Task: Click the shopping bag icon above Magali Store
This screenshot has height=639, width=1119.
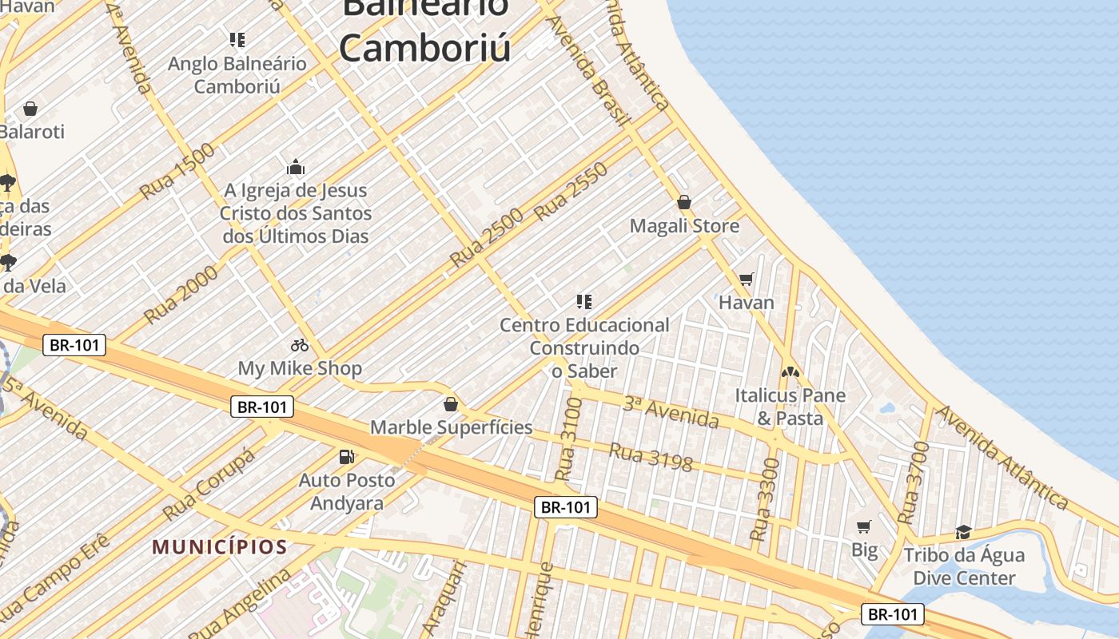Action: (x=683, y=202)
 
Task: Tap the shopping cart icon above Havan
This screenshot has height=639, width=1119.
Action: (x=747, y=279)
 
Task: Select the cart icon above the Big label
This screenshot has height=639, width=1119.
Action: (x=864, y=526)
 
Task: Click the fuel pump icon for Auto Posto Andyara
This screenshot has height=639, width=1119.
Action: (x=347, y=456)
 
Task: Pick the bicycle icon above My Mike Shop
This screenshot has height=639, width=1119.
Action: (x=300, y=345)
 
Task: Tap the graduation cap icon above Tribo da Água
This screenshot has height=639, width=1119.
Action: (x=963, y=532)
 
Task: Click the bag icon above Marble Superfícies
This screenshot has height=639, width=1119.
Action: (x=451, y=403)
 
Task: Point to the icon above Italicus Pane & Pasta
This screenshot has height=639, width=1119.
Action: (x=790, y=371)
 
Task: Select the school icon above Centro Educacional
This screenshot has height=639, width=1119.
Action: (x=584, y=301)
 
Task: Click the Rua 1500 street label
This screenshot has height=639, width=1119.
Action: (x=177, y=171)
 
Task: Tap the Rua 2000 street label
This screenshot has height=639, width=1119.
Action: (x=181, y=294)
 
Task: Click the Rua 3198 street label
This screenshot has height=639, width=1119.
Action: (x=651, y=457)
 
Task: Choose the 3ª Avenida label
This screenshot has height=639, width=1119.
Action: (x=671, y=411)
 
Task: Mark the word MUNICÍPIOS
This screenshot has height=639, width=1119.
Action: (x=220, y=547)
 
